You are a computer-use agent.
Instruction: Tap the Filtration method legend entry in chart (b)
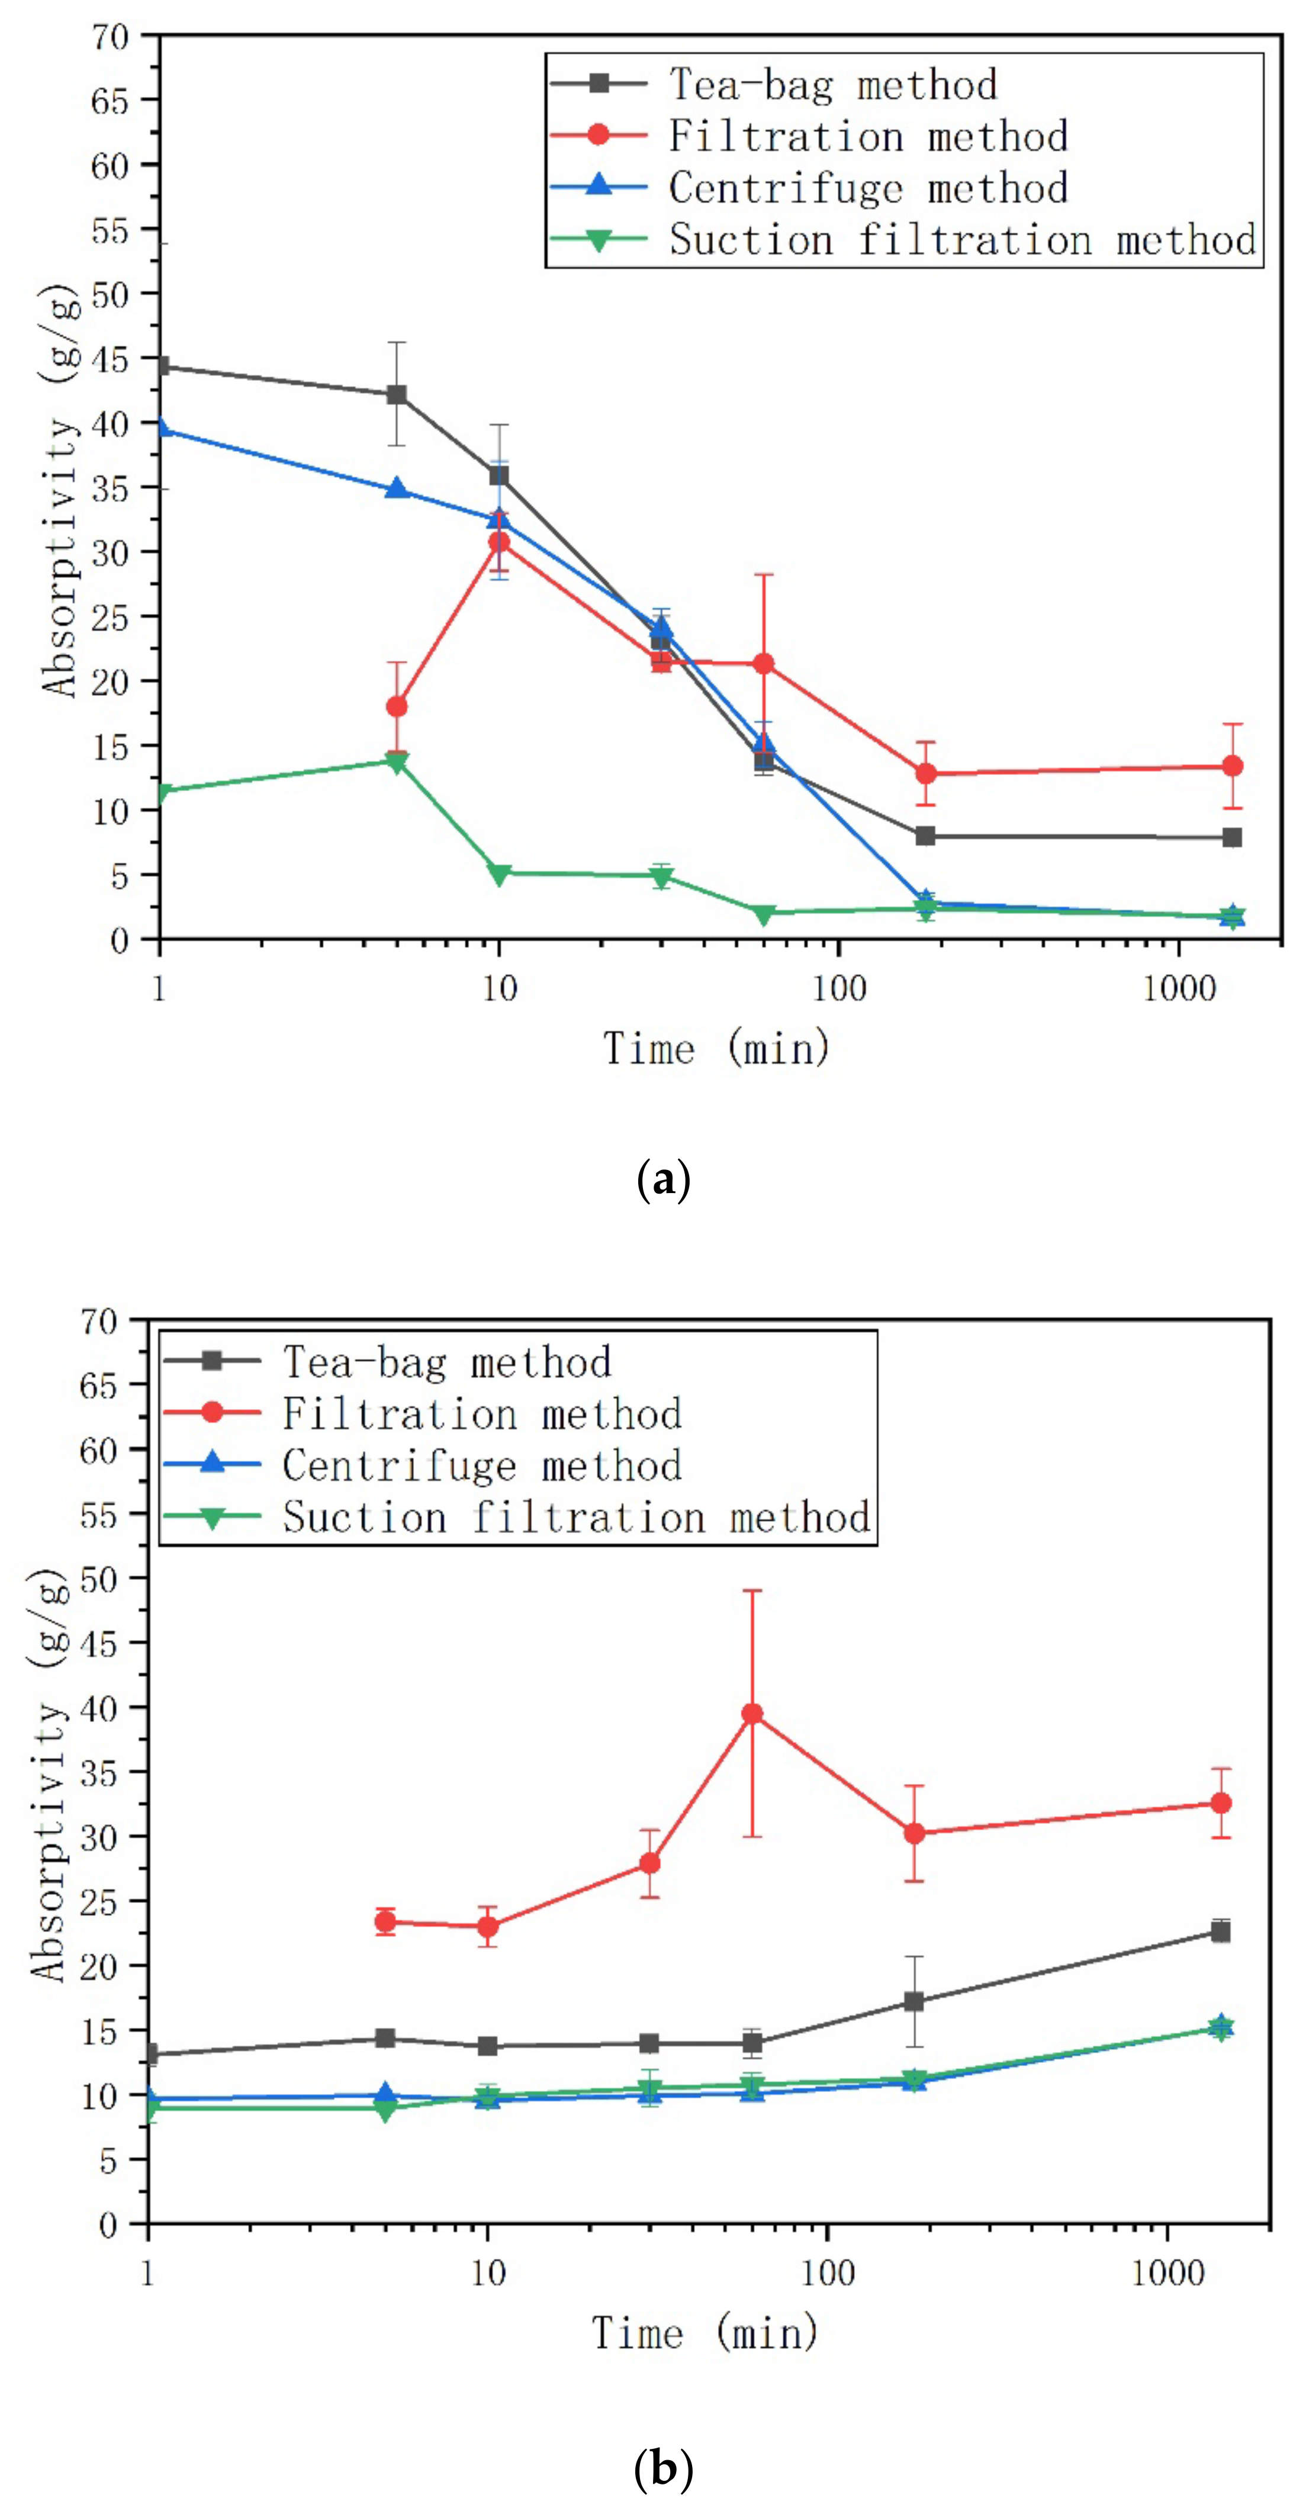(423, 1414)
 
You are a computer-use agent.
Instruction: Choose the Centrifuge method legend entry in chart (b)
(423, 1465)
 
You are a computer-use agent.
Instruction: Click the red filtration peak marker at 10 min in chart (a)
(499, 542)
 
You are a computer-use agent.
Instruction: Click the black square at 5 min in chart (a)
(397, 395)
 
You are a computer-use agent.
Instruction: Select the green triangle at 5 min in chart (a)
(397, 762)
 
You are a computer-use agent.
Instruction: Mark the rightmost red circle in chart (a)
(1233, 766)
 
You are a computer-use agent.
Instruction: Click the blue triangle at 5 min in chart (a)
(397, 487)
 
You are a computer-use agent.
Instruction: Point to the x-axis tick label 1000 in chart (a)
(1179, 989)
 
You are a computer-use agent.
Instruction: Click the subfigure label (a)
(663, 1180)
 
